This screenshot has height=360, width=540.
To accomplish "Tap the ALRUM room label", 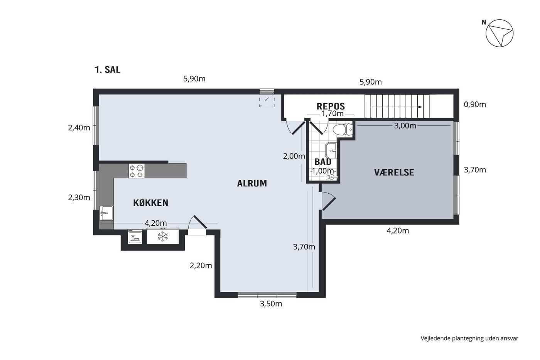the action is pyautogui.click(x=252, y=184).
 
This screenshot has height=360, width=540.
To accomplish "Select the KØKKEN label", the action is pyautogui.click(x=151, y=203).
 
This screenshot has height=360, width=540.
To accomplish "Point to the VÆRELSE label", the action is pyautogui.click(x=394, y=172).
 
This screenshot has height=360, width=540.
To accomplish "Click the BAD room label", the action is pyautogui.click(x=323, y=162).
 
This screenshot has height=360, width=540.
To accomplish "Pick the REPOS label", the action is pyautogui.click(x=331, y=106).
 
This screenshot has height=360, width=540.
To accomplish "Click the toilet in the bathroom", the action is pyautogui.click(x=343, y=129).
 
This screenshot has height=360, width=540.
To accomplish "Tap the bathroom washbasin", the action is pyautogui.click(x=331, y=150).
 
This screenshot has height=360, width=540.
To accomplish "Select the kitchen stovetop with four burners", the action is pyautogui.click(x=137, y=171).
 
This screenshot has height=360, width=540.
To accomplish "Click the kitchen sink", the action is pyautogui.click(x=106, y=213).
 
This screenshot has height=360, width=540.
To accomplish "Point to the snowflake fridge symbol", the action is pyautogui.click(x=163, y=237).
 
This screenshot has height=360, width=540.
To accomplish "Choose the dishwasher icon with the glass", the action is pyautogui.click(x=135, y=237).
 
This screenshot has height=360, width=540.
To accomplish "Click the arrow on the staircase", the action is pyautogui.click(x=397, y=107).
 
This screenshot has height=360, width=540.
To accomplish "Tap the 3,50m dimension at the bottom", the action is pyautogui.click(x=271, y=304).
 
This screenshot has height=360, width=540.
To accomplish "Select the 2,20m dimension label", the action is pyautogui.click(x=201, y=266).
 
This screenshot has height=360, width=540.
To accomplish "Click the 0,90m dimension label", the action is pyautogui.click(x=475, y=105).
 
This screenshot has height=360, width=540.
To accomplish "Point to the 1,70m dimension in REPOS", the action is pyautogui.click(x=332, y=113).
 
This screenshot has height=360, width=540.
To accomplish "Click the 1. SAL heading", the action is pyautogui.click(x=108, y=70).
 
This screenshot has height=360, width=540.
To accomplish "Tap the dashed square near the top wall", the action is pyautogui.click(x=267, y=102).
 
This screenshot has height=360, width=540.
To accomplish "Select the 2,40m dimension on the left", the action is pyautogui.click(x=79, y=128).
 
